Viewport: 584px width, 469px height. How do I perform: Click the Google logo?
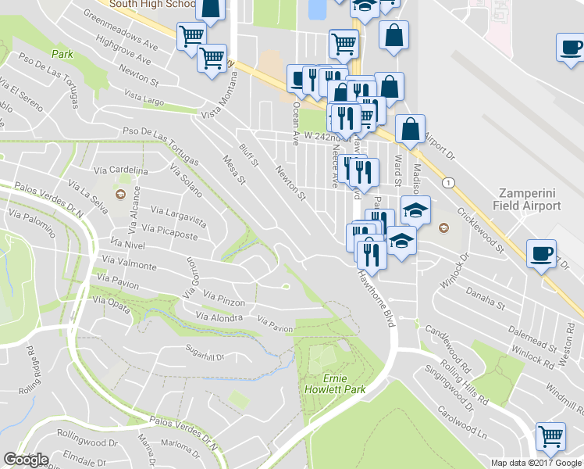(26, 460)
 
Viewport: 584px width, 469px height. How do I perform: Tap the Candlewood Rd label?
(449, 350)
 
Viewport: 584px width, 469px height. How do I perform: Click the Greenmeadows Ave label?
(119, 30)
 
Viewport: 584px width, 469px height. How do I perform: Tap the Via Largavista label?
(179, 211)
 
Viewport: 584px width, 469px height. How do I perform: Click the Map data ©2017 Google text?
(536, 463)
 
